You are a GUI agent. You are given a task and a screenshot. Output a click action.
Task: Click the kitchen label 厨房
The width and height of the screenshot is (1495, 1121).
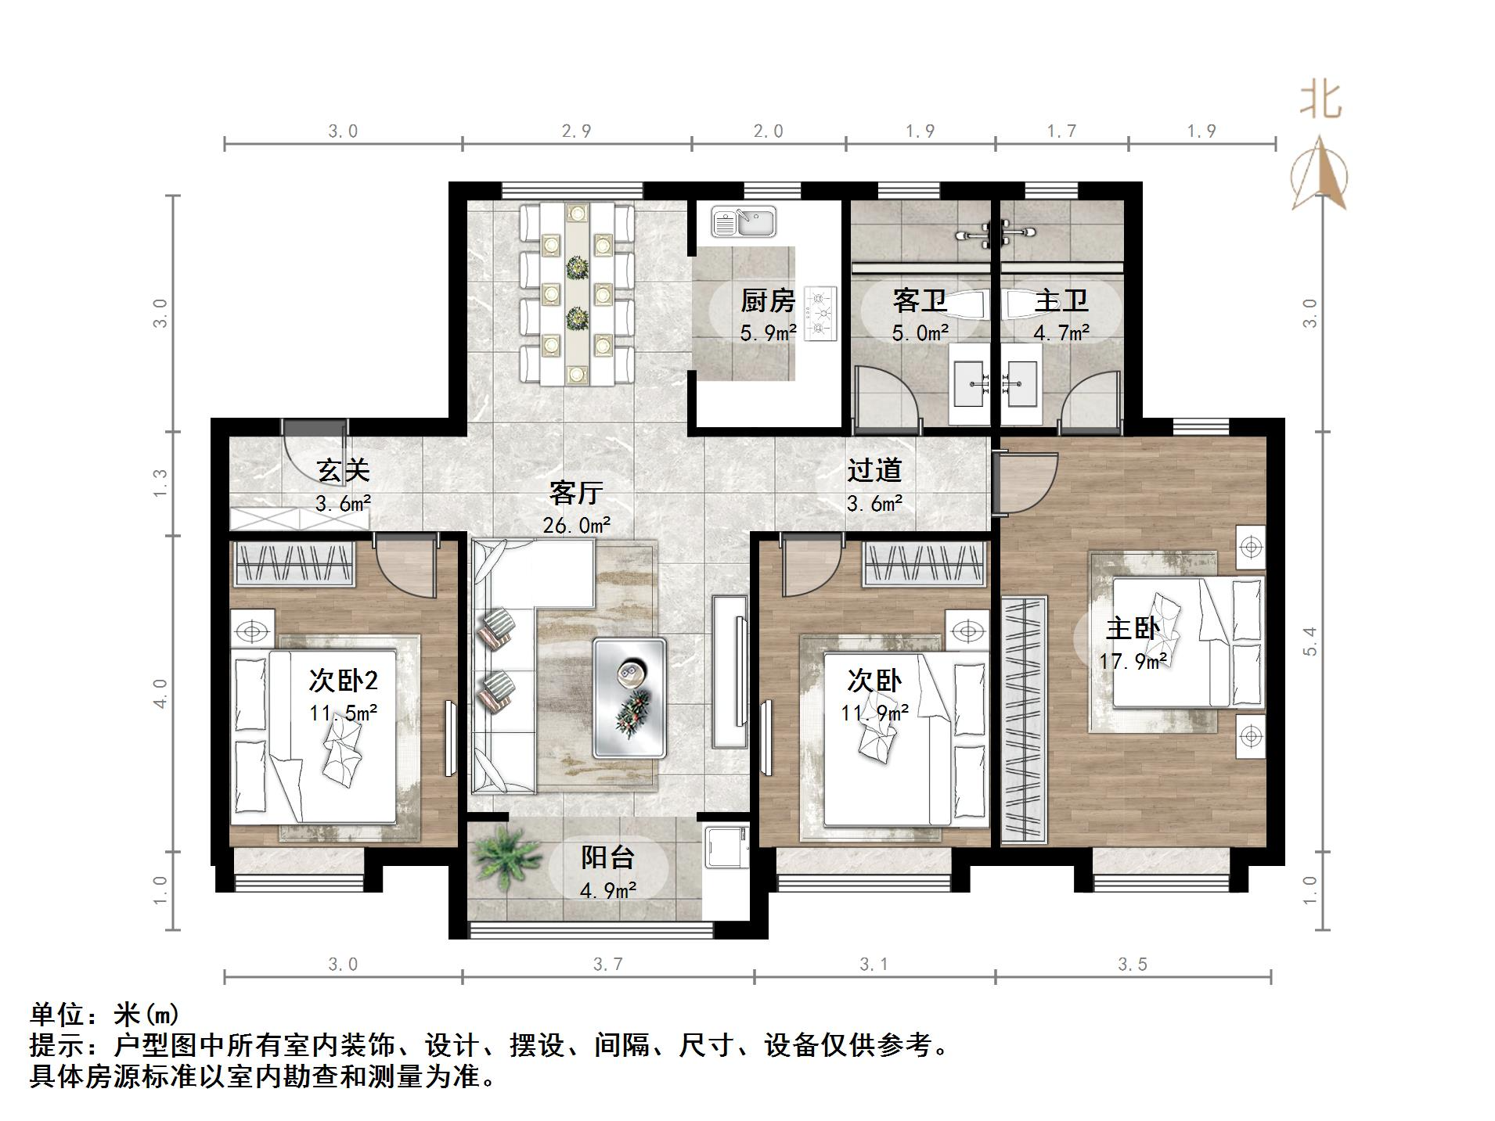(767, 300)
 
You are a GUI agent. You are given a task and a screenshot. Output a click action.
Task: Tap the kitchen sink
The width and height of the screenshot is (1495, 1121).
(743, 222)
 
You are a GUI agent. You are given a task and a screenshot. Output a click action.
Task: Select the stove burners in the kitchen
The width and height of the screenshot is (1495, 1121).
(820, 313)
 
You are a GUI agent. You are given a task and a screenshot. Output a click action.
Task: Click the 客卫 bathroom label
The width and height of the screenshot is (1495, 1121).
(919, 300)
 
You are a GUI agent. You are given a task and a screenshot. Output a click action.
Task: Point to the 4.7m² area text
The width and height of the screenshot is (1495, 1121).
(1061, 333)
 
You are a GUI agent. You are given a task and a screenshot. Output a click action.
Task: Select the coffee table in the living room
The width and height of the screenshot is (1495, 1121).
(629, 698)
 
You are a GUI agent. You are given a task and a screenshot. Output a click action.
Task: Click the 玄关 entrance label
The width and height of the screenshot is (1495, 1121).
(342, 470)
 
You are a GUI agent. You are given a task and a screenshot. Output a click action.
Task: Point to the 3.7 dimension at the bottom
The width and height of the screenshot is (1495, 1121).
(607, 965)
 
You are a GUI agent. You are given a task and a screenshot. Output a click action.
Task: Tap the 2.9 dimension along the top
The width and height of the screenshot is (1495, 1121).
(576, 131)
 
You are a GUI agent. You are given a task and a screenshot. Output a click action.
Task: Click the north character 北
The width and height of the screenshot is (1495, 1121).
(1320, 101)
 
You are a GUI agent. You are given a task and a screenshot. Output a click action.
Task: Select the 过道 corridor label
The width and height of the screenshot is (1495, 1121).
(874, 470)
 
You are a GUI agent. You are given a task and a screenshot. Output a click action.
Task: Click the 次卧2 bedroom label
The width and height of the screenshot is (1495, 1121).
(343, 681)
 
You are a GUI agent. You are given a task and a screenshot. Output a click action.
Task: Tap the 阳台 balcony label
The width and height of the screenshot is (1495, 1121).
(607, 857)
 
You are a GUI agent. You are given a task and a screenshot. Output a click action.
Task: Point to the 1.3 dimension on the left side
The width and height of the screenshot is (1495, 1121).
(160, 483)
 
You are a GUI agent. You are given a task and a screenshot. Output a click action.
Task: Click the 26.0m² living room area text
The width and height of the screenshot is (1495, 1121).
(576, 525)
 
